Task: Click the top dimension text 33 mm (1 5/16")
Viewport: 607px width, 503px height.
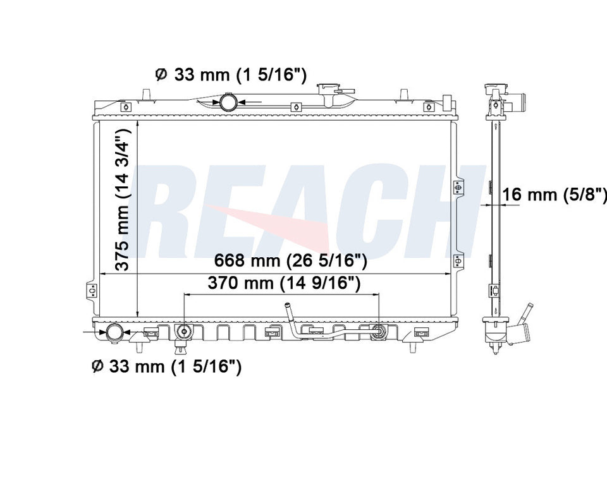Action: tap(240, 75)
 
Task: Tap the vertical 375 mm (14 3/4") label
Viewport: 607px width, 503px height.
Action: tap(125, 199)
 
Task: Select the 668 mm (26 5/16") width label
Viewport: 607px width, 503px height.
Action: tap(290, 260)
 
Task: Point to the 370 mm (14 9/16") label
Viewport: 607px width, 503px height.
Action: tap(284, 284)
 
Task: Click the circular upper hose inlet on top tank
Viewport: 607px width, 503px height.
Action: tap(229, 101)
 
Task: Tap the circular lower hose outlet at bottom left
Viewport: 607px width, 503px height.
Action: tap(114, 332)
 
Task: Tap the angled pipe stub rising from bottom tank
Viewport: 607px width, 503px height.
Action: tap(288, 312)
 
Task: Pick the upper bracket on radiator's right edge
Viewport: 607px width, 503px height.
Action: tap(458, 187)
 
